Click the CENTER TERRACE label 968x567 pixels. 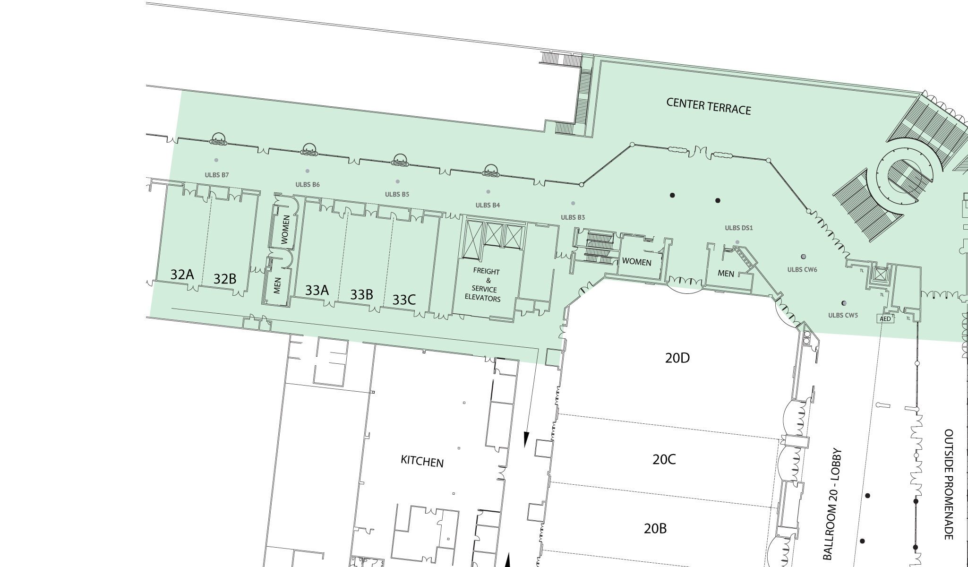click(x=709, y=106)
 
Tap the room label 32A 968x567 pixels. click(x=182, y=274)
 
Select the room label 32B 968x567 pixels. click(x=225, y=279)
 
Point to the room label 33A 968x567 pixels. click(x=317, y=290)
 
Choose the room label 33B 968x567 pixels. click(x=361, y=295)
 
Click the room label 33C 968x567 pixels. click(x=404, y=300)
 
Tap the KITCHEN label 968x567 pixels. click(x=422, y=461)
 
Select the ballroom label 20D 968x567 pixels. click(x=677, y=358)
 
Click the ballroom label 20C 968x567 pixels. click(x=664, y=459)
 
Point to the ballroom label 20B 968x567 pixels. click(x=655, y=528)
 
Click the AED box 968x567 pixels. click(x=885, y=319)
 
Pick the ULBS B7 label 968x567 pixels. click(x=217, y=175)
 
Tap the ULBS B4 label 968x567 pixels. click(x=488, y=205)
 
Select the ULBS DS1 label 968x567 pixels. click(x=739, y=228)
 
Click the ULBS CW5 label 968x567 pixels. click(x=843, y=315)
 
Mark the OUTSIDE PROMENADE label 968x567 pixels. click(x=949, y=484)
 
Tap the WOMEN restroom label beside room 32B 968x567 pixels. click(x=285, y=230)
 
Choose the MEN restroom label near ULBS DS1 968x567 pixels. click(x=726, y=273)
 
